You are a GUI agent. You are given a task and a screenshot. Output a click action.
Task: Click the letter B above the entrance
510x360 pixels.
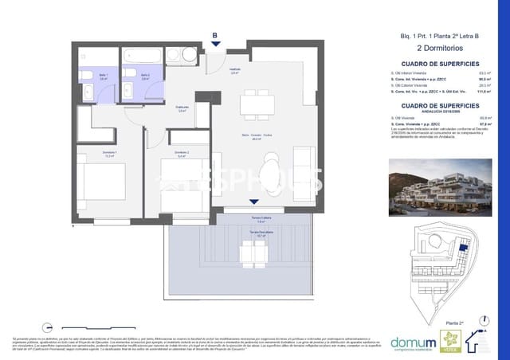(214, 34)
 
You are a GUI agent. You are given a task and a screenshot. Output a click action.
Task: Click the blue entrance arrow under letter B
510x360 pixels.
(214, 45)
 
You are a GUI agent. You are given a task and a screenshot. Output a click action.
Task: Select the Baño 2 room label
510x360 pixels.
(146, 77)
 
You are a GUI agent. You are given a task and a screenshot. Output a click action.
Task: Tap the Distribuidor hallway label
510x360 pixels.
(182, 109)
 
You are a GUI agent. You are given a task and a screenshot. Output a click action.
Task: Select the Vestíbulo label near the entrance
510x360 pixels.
(235, 70)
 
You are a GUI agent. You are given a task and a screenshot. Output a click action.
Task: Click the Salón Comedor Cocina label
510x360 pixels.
(257, 136)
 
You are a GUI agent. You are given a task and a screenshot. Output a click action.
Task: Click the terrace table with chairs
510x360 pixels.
(257, 253)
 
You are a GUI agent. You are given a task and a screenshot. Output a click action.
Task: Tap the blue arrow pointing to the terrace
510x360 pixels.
(253, 203)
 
